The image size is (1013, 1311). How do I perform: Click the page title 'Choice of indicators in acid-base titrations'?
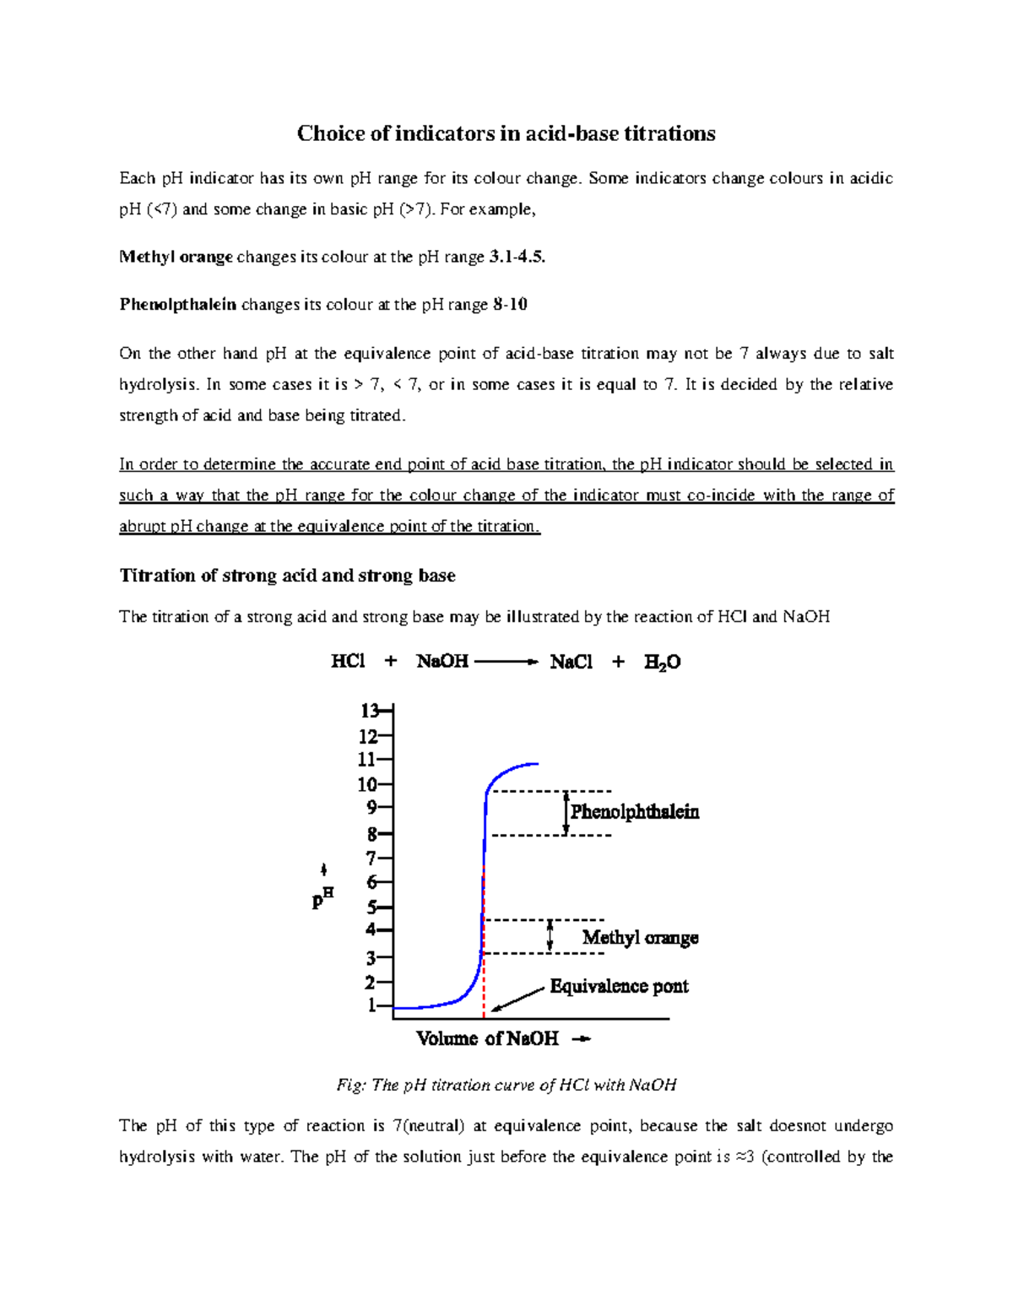506,133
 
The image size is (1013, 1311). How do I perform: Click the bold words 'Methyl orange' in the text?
176,257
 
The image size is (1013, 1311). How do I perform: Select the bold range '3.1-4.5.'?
517,257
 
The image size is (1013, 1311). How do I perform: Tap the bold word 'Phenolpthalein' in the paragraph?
177,305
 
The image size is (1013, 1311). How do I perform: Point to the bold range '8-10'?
510,305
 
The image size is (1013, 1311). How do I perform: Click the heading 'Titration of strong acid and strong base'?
287,576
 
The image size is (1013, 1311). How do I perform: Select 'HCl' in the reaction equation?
348,662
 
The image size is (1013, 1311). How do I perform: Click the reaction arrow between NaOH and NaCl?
506,662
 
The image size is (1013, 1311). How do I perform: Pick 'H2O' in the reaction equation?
662,663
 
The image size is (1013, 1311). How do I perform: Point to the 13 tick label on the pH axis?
369,710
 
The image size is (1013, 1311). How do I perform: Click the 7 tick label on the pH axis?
371,859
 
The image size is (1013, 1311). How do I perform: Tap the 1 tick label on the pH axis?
371,1005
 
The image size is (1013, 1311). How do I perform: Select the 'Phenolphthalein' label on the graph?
635,812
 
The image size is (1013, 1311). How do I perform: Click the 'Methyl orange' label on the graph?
640,938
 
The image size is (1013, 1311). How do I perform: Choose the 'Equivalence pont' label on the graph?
619,986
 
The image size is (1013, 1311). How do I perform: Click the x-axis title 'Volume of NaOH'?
487,1038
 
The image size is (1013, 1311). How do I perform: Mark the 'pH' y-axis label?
322,898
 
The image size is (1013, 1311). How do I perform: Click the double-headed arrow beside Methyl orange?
550,935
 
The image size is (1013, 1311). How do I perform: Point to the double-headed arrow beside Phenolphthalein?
566,813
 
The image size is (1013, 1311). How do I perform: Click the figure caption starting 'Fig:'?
506,1085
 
